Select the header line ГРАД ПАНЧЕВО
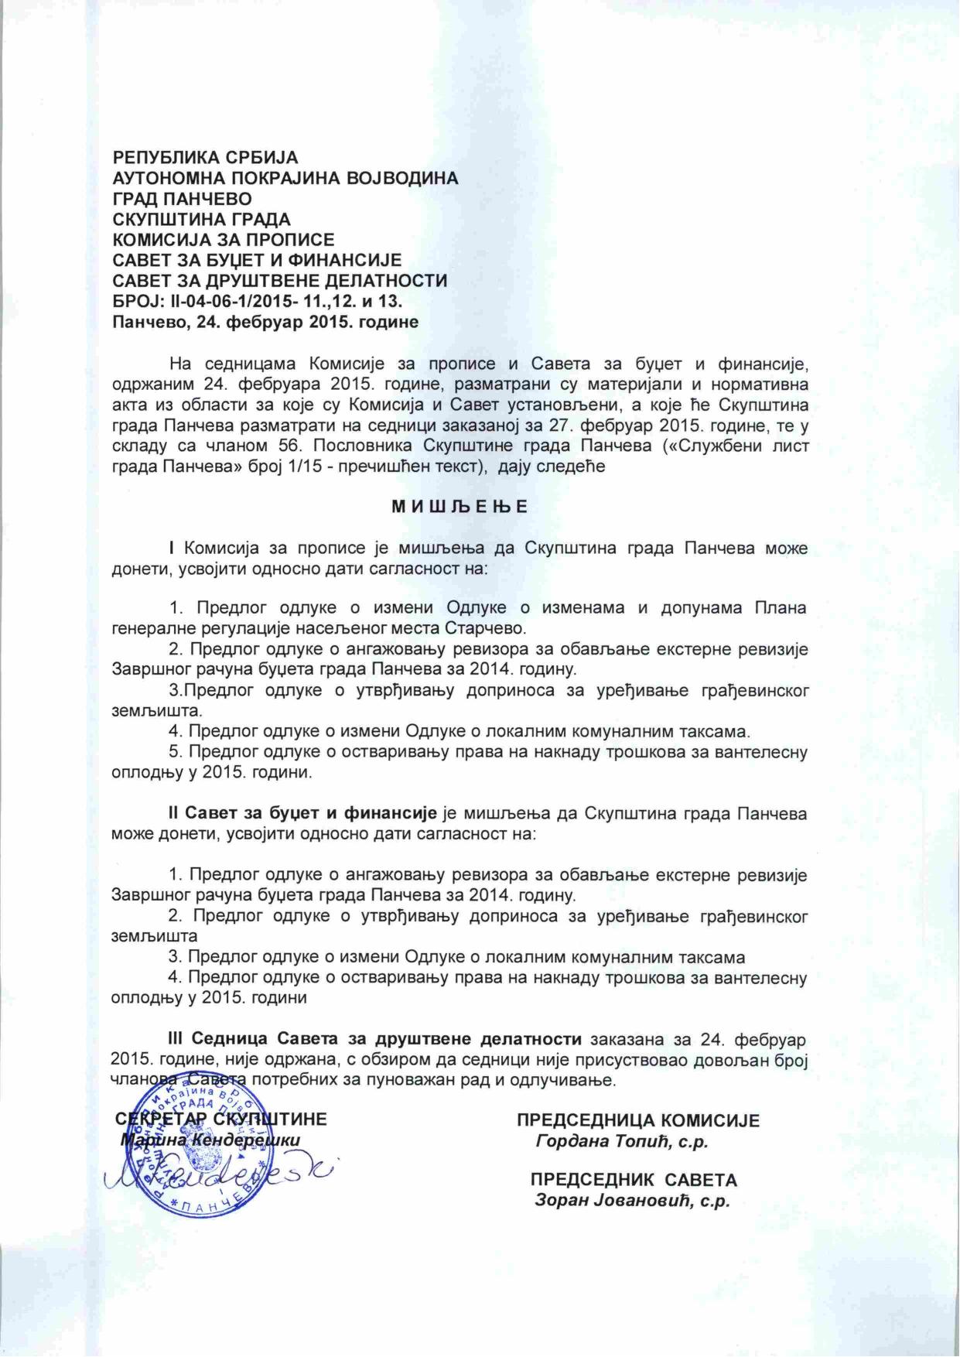183,198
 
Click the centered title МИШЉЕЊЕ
460,508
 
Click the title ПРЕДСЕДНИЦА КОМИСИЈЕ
638,1120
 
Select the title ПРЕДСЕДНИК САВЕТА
634,1181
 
